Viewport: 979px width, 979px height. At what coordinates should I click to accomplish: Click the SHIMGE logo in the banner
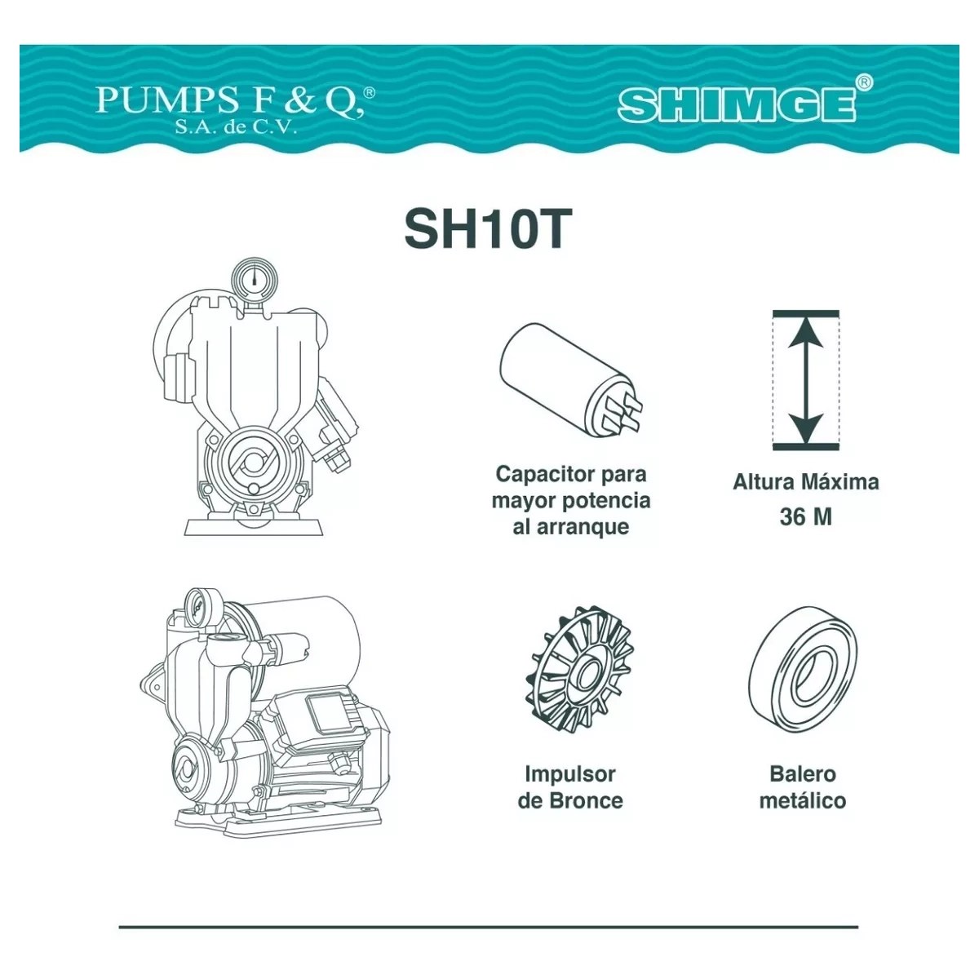(x=736, y=105)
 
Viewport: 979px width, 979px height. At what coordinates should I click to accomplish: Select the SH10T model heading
(x=488, y=228)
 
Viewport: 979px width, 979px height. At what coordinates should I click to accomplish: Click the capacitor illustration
(x=571, y=379)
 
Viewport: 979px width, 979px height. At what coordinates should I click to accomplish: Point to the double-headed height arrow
(x=805, y=380)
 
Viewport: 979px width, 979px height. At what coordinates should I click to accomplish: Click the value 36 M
(x=806, y=517)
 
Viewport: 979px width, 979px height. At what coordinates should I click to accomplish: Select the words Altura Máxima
(x=806, y=482)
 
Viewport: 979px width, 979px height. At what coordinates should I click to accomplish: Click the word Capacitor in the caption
(x=546, y=475)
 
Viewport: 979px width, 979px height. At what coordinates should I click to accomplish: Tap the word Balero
(x=803, y=774)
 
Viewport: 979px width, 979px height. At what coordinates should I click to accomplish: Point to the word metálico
(x=803, y=800)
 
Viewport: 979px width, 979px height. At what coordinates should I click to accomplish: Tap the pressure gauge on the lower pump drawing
(x=198, y=607)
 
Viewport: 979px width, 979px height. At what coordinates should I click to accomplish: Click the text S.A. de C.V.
(x=235, y=127)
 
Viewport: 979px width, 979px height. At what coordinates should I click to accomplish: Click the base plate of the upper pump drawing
(x=254, y=527)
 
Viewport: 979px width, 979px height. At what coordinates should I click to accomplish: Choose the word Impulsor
(x=570, y=774)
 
